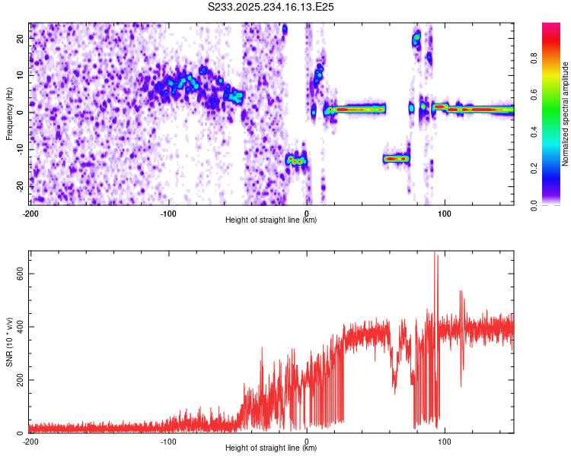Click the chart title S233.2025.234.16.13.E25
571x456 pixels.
point(272,7)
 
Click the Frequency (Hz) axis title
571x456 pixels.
point(9,113)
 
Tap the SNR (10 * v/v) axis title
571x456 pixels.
point(9,341)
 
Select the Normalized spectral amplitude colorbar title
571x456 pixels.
point(566,113)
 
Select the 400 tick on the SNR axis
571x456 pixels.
point(20,327)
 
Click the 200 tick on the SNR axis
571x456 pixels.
point(20,380)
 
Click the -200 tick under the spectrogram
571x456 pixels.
point(30,212)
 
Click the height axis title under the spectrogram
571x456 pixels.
point(272,220)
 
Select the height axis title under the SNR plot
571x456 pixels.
point(272,448)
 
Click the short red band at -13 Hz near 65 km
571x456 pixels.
point(397,159)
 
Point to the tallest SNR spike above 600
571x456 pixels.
point(435,255)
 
